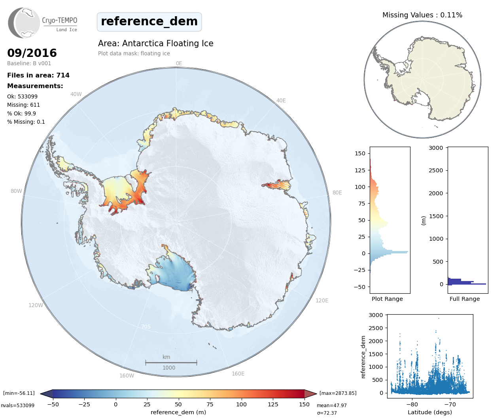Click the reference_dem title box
pos(149,22)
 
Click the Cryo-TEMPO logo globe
pos(25,23)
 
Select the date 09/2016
pos(32,53)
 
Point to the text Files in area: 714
pos(38,75)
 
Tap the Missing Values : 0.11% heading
pos(422,15)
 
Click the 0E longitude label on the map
pos(179,63)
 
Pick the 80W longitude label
pos(16,191)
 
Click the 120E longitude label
pos(322,300)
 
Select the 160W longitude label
pos(127,376)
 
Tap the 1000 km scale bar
pos(171,362)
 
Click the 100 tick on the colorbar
pos(241,404)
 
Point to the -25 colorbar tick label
pos(84,404)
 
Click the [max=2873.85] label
pos(338,393)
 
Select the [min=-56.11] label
pos(19,393)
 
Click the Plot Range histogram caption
pos(387,299)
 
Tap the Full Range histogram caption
pos(465,299)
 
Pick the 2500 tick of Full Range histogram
pos(436,170)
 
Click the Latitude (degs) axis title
pos(429,412)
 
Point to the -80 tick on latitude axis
pos(412,404)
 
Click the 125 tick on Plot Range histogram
pos(360,170)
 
